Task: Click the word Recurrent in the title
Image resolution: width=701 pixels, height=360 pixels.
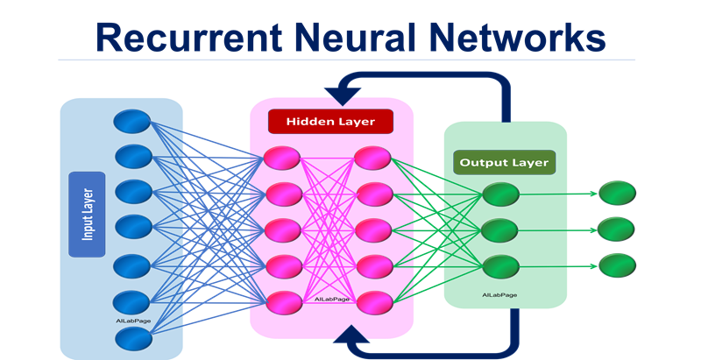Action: [189, 37]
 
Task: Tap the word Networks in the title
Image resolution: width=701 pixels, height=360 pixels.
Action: [517, 37]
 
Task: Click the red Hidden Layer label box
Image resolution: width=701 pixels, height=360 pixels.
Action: [330, 122]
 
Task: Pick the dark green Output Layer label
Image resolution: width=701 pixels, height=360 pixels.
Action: [505, 162]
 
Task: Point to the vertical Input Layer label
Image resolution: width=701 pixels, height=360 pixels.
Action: [87, 215]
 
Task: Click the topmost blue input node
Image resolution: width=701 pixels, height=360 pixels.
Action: [132, 121]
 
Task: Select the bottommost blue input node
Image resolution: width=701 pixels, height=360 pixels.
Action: [133, 339]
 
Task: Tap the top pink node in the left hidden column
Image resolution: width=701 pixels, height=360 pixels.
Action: [282, 158]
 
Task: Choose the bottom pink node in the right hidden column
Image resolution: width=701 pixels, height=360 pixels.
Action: [375, 303]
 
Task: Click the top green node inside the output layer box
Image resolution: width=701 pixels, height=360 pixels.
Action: [500, 194]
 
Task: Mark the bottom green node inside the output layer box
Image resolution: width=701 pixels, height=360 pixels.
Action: [500, 266]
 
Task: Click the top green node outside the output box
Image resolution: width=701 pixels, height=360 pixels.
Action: [617, 193]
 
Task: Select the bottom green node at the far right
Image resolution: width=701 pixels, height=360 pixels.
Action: [617, 265]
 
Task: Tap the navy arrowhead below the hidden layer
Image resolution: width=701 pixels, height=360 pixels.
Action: [351, 334]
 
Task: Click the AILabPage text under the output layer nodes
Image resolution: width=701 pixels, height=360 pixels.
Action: [499, 295]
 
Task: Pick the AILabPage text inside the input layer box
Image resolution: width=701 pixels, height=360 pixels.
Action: [133, 321]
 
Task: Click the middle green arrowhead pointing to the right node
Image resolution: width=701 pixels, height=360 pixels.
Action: [594, 230]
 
